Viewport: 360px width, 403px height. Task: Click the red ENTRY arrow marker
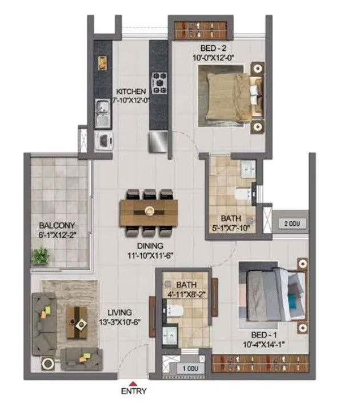(x=133, y=383)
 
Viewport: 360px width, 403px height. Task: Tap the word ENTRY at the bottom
(x=133, y=392)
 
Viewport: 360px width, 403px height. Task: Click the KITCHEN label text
(x=131, y=91)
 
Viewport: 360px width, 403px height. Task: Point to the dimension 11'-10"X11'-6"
(x=150, y=257)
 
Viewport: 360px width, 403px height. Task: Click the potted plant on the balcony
(x=39, y=256)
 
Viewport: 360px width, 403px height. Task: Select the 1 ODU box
(x=189, y=368)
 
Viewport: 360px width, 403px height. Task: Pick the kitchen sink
(x=102, y=113)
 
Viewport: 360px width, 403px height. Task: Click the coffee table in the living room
(x=76, y=322)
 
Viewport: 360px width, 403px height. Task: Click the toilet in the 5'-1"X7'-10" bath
(x=244, y=195)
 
